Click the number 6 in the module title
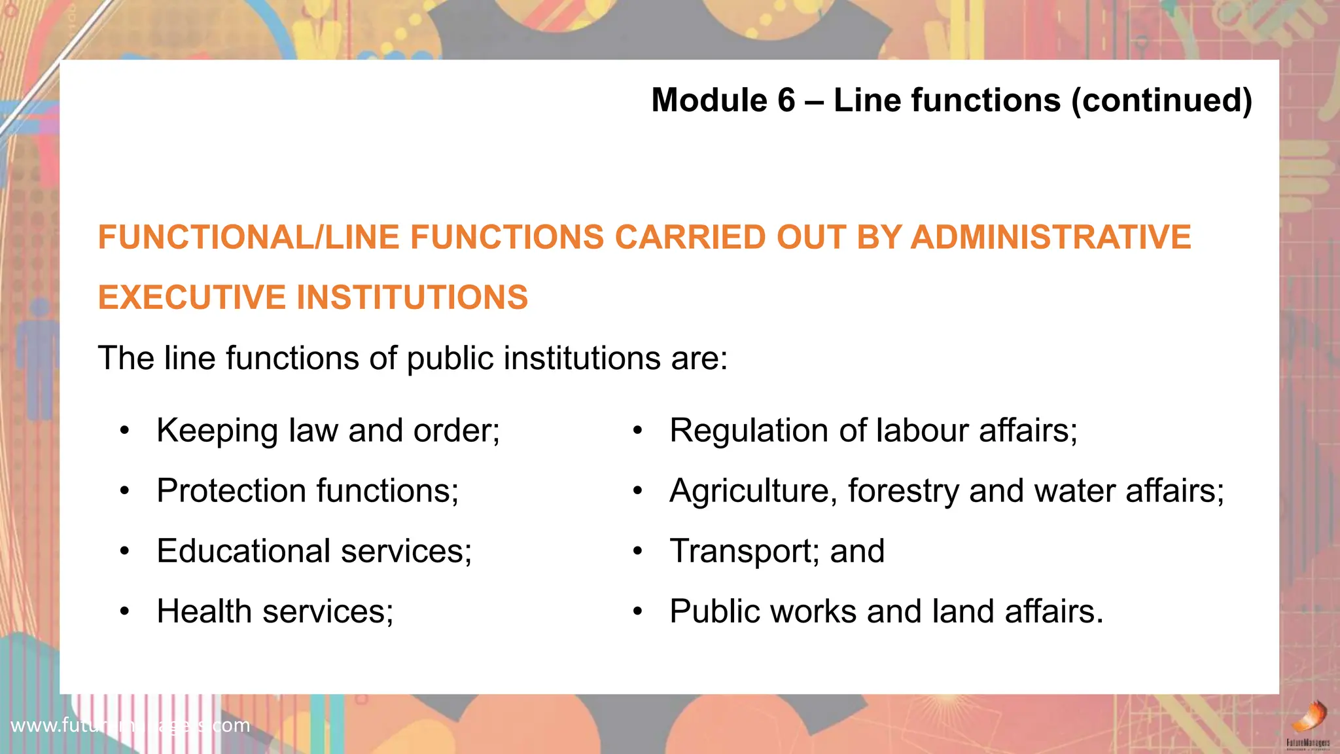pos(786,101)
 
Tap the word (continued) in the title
pos(1161,101)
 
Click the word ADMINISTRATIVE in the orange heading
pos(1051,237)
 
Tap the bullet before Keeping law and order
pos(125,431)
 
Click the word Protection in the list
pos(232,491)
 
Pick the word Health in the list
pos(204,611)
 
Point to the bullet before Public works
pos(638,612)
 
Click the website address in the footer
pos(130,725)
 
